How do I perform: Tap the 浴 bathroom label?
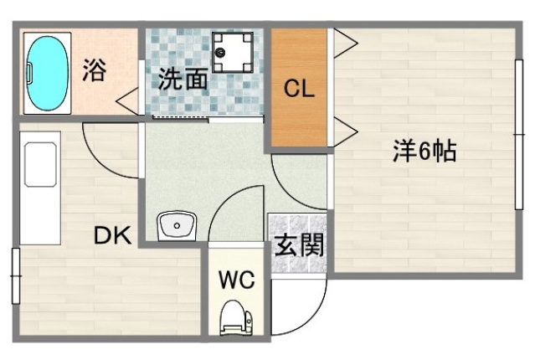(94, 71)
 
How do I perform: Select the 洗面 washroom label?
(183, 80)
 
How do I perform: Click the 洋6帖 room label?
(424, 152)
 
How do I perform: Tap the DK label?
(112, 236)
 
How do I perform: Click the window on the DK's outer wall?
(14, 276)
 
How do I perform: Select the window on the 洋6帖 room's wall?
(517, 134)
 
